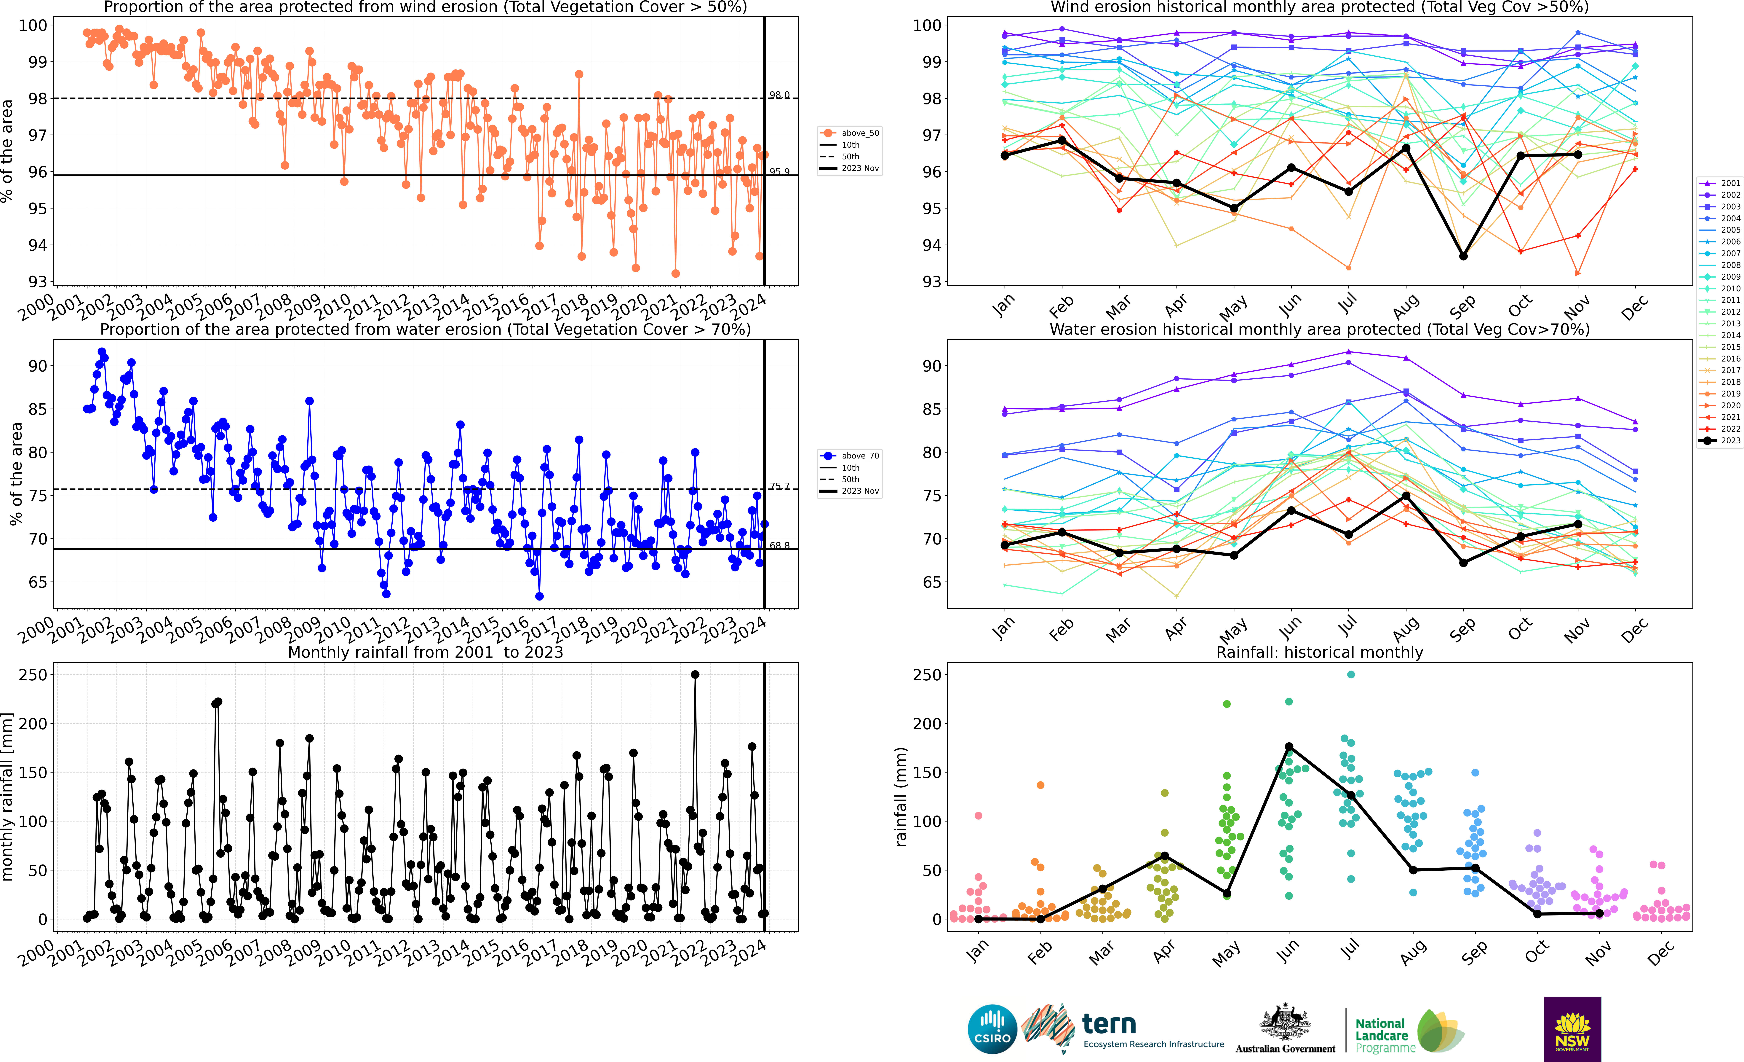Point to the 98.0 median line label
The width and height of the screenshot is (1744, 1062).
tap(779, 95)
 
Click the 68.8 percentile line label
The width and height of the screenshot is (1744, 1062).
tap(779, 545)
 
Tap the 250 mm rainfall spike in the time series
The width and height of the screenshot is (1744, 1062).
tap(695, 675)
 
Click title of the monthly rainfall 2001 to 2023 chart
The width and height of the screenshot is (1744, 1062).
tap(425, 652)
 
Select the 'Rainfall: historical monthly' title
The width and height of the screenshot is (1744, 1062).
tap(1319, 652)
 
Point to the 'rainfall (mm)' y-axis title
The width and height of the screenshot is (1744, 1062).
tap(901, 797)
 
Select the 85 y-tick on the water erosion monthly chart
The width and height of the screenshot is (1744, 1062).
tap(931, 409)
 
